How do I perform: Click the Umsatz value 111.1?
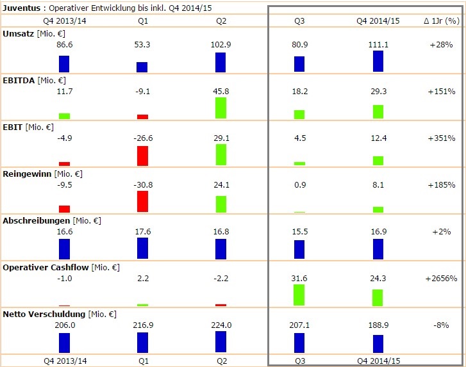pos(378,45)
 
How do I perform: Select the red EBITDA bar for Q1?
pos(142,117)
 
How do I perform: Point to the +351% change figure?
pos(441,138)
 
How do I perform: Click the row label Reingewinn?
pos(28,174)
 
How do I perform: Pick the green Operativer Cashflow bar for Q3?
pos(299,295)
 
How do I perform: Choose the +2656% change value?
pos(441,279)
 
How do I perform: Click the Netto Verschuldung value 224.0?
pos(221,325)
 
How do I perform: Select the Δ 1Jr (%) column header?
pos(442,20)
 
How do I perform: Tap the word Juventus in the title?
pos(21,8)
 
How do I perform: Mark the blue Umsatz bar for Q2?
pos(221,63)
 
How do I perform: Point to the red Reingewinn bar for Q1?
pos(142,202)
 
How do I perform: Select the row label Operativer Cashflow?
pos(46,267)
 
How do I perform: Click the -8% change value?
pos(441,325)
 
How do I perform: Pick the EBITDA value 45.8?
pos(221,92)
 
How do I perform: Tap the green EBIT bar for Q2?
pos(221,155)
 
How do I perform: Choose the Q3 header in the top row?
pos(299,20)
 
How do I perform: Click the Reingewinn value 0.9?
pos(299,185)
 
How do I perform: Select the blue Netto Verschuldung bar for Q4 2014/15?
pos(378,343)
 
